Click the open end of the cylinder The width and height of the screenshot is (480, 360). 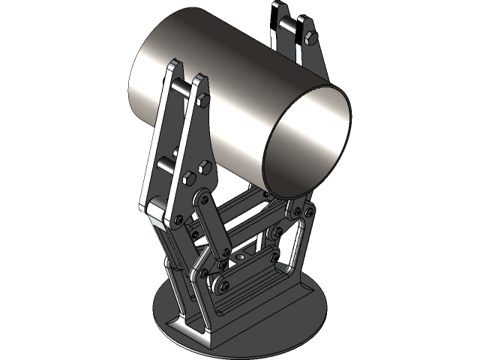pos(307,142)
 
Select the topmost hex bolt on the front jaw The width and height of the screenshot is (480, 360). pos(202,101)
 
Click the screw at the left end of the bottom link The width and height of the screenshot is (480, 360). pos(217,286)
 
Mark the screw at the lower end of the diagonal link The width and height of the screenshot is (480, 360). pos(223,263)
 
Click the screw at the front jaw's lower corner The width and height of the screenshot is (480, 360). pos(178,219)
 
